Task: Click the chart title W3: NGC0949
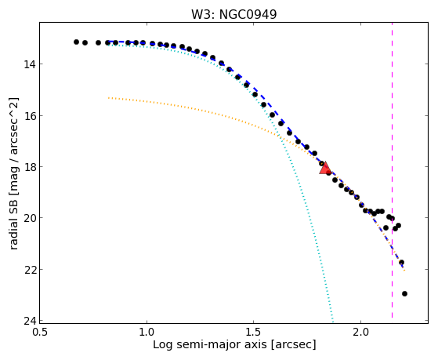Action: pyautogui.click(x=233, y=14)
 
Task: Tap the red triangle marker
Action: pyautogui.click(x=325, y=168)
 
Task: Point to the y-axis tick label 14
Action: pyautogui.click(x=29, y=64)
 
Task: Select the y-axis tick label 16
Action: pyautogui.click(x=29, y=116)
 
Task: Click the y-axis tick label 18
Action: pyautogui.click(x=29, y=167)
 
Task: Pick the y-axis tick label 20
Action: pyautogui.click(x=29, y=218)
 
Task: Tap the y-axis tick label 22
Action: pyautogui.click(x=29, y=270)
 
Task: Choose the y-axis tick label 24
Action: pyautogui.click(x=29, y=321)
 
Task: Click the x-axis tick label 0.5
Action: pyautogui.click(x=40, y=332)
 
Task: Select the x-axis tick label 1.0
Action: pyautogui.click(x=147, y=332)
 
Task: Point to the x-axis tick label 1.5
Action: pyautogui.click(x=254, y=332)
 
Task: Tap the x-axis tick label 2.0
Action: pyautogui.click(x=360, y=332)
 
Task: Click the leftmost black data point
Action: pyautogui.click(x=76, y=42)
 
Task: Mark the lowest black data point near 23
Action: pyautogui.click(x=404, y=293)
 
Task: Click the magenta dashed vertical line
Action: pyautogui.click(x=392, y=170)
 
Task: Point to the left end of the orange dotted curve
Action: pyautogui.click(x=109, y=98)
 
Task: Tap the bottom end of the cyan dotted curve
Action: pyautogui.click(x=332, y=319)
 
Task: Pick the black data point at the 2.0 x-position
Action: pyautogui.click(x=361, y=205)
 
